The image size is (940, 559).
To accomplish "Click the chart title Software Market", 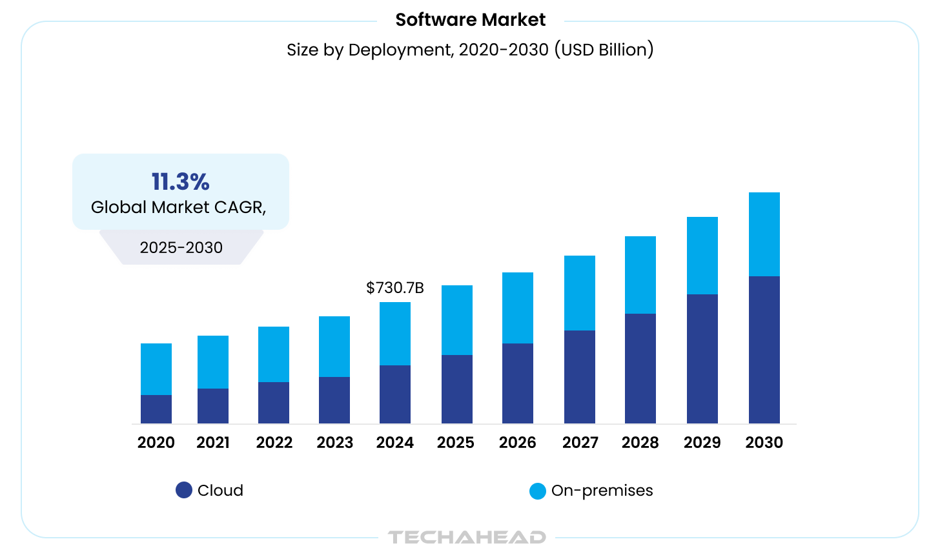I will (470, 20).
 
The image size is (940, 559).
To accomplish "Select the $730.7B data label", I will (394, 288).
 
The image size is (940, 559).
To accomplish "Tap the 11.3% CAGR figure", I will (180, 182).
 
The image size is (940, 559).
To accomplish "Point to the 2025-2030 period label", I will (181, 248).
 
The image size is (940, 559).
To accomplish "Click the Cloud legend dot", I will (184, 490).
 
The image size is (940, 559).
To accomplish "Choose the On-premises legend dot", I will (537, 491).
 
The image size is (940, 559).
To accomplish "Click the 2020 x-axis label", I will (156, 443).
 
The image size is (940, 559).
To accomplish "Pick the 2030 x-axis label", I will (764, 443).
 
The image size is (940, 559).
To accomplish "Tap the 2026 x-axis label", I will (517, 443).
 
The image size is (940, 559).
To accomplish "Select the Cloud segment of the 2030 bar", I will (764, 350).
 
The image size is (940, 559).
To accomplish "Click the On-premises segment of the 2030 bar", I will (764, 234).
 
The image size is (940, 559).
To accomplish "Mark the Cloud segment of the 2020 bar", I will (156, 409).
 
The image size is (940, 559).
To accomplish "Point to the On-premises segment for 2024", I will (394, 334).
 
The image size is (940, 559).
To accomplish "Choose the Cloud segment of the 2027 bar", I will (579, 377).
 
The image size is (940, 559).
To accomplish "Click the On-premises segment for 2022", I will (273, 354).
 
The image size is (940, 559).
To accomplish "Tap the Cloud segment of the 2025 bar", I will (456, 389).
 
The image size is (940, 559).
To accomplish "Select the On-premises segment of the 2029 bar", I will (702, 256).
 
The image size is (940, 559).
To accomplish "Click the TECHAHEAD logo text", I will (467, 537).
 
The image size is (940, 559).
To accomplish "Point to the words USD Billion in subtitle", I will (607, 50).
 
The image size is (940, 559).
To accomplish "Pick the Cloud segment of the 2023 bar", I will (334, 400).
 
